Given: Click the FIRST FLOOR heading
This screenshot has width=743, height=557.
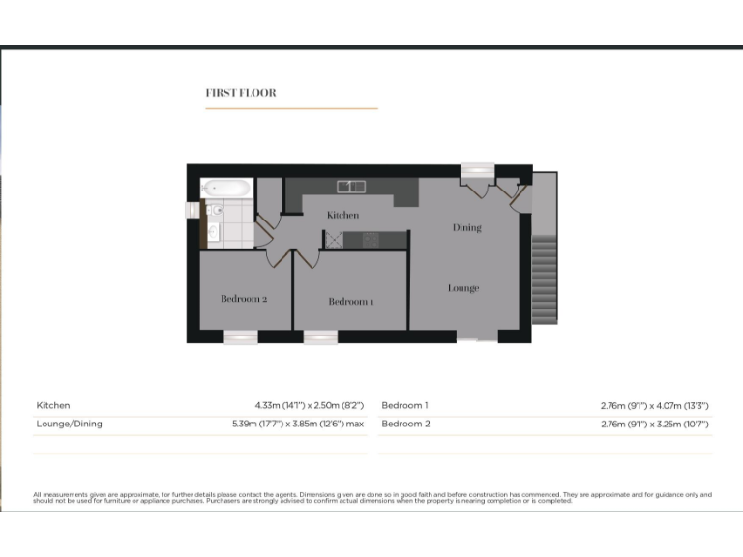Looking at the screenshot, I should click(x=241, y=93).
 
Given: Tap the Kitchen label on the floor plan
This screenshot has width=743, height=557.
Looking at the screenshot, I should click(x=342, y=215).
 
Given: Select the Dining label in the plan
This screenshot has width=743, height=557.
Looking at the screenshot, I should click(x=466, y=228).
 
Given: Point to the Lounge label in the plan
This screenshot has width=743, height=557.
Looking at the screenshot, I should click(x=463, y=288).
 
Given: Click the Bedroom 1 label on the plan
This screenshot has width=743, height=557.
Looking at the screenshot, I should click(x=350, y=302).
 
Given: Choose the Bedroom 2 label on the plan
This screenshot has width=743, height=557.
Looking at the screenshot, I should click(x=244, y=299).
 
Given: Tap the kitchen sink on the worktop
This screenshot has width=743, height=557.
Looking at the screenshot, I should click(x=349, y=186).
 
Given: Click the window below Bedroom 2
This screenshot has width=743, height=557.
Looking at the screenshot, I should click(x=241, y=337).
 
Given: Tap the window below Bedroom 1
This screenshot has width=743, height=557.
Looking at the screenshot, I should click(x=320, y=337).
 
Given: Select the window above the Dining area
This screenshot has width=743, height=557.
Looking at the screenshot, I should click(x=476, y=169).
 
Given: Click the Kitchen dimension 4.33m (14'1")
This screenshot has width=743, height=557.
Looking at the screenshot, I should click(x=277, y=406).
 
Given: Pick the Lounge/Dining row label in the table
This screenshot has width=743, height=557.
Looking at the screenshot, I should click(x=69, y=424).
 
